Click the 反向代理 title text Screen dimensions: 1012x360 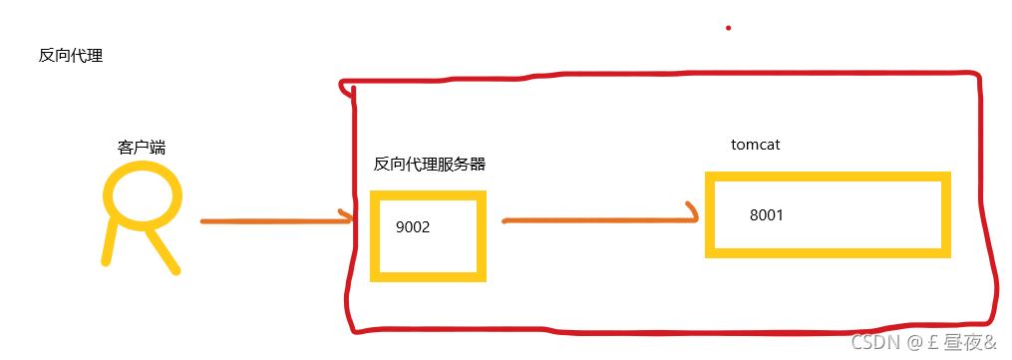[x=71, y=56]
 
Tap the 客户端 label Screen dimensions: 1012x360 [x=142, y=148]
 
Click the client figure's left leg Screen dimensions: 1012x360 [x=111, y=242]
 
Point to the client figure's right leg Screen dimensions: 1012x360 [x=163, y=251]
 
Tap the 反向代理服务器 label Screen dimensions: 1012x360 [x=430, y=165]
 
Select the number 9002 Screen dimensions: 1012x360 [x=412, y=227]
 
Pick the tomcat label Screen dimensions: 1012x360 [x=755, y=145]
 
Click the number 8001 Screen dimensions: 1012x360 [x=768, y=214]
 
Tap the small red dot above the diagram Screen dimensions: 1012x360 [x=728, y=28]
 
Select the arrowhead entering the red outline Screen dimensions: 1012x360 [x=346, y=216]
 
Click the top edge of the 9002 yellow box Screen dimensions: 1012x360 [x=429, y=195]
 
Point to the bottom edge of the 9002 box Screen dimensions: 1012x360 [x=429, y=275]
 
